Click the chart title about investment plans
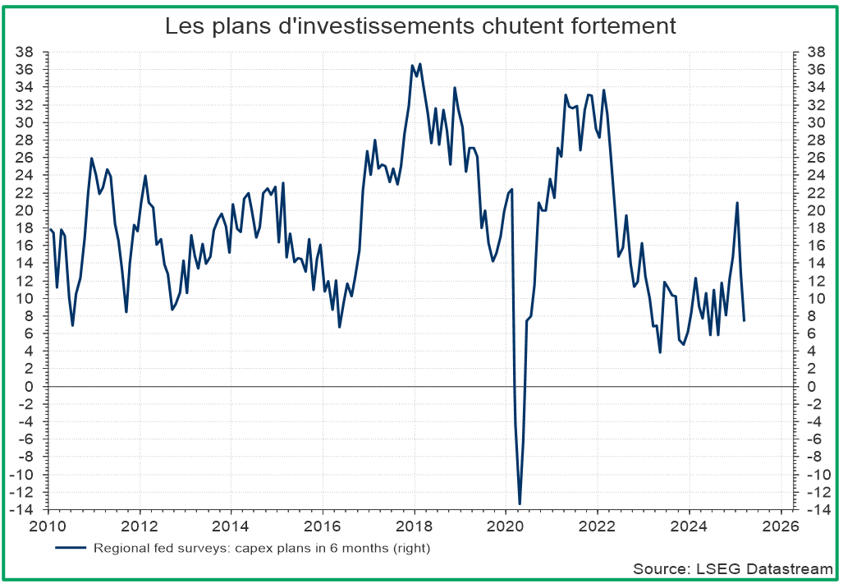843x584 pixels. [420, 25]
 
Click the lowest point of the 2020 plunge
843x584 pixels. [520, 504]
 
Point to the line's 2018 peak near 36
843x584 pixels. [419, 64]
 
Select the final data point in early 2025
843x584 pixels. [744, 320]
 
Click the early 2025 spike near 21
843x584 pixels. [737, 203]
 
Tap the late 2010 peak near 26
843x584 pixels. [91, 159]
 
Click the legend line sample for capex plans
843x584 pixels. [71, 547]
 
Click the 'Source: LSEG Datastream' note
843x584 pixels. [733, 568]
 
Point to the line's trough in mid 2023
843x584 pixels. [660, 352]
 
